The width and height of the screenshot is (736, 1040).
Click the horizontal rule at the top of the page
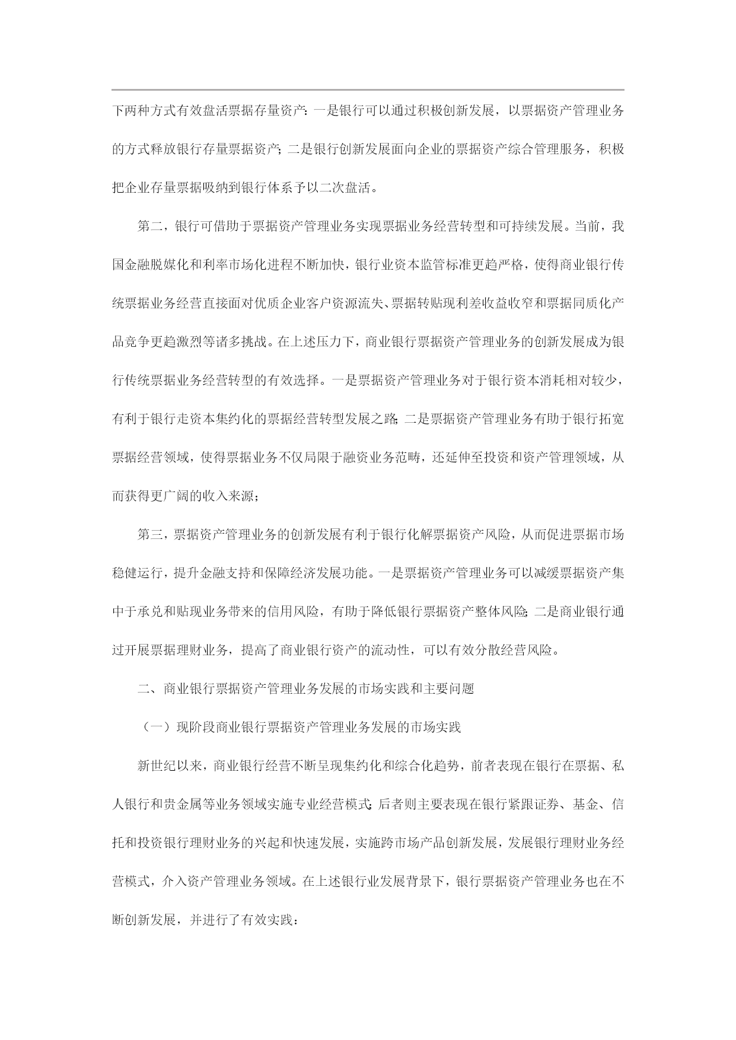(368, 90)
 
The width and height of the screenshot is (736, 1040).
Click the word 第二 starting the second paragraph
(150, 226)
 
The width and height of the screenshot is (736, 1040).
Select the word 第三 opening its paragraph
(150, 535)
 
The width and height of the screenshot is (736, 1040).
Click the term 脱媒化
(170, 265)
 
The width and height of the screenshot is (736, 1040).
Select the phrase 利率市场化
(234, 265)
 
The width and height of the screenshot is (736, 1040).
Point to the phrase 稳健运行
(138, 573)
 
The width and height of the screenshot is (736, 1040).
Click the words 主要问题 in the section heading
(448, 689)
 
